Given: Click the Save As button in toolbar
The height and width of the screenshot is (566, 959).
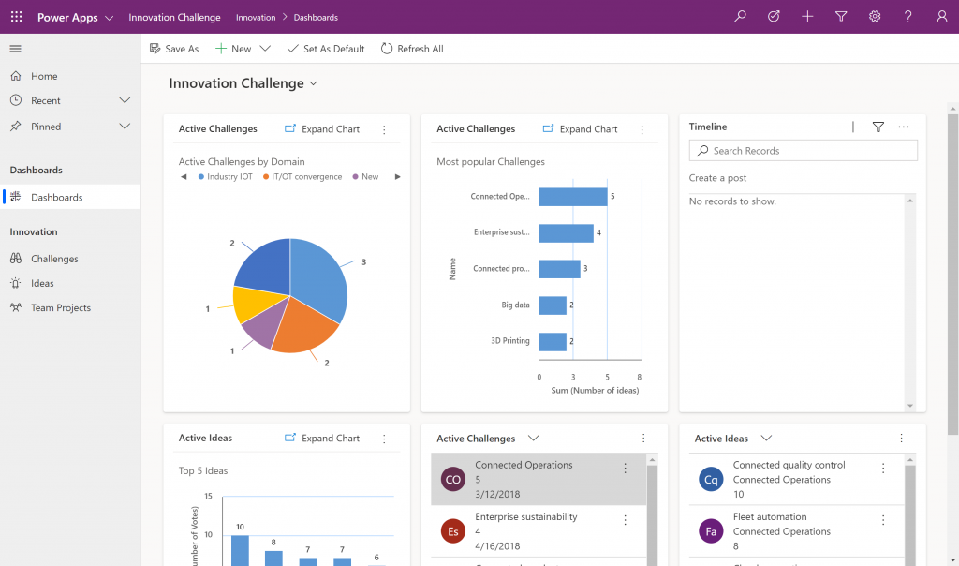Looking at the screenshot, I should [x=174, y=49].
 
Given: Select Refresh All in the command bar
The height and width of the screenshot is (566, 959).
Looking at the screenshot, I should [x=412, y=49].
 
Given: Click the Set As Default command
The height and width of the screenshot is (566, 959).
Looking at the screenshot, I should [x=326, y=49].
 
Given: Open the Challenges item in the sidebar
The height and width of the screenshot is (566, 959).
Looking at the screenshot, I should [x=54, y=259].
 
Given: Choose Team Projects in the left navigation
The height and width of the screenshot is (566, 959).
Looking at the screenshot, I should [x=60, y=307].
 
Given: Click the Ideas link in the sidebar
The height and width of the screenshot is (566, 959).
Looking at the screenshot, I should [x=42, y=283].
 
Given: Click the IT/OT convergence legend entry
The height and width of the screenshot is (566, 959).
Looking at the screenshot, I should [x=306, y=177].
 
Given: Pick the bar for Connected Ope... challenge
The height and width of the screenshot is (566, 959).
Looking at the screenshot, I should [x=572, y=197].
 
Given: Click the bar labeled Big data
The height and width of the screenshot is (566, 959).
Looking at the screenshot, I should [x=553, y=305].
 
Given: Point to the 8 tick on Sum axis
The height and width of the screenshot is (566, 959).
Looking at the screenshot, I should [x=639, y=377].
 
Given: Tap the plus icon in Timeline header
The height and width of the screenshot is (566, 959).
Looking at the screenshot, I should [x=852, y=127].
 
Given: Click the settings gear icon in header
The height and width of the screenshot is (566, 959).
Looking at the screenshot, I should [x=875, y=17].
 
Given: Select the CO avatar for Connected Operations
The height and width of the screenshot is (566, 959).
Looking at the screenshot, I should [x=453, y=479].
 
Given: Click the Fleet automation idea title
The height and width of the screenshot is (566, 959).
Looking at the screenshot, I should [x=770, y=516].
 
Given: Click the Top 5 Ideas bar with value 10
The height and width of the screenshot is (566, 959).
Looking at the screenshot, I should [x=240, y=549].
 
